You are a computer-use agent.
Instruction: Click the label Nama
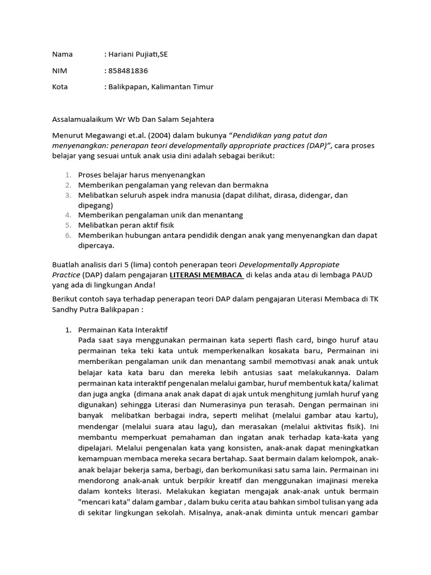coord(62,54)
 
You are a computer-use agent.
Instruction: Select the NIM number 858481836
coord(127,71)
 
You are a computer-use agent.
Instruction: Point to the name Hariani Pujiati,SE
coord(135,54)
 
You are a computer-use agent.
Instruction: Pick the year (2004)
coord(160,136)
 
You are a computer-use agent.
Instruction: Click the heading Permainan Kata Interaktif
coord(119,330)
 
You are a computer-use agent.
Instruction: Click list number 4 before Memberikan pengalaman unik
coord(67,215)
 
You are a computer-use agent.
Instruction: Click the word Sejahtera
coord(178,120)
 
